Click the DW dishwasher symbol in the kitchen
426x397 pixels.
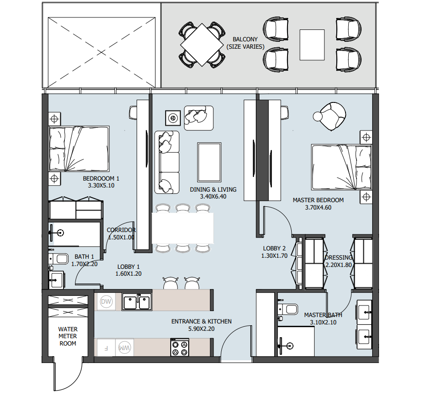coord(106,302)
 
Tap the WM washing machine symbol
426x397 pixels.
coord(123,347)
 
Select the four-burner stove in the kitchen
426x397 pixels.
coord(179,347)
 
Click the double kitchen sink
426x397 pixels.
coord(137,302)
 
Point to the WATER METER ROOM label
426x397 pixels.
coord(68,336)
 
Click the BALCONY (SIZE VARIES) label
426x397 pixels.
coord(245,43)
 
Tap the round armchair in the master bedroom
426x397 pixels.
coord(332,116)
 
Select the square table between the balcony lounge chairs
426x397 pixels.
coord(313,45)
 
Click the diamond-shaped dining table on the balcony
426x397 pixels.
coord(202,44)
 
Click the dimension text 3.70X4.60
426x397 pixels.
coord(318,208)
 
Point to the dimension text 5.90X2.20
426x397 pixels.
coord(201,329)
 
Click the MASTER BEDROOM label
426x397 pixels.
coord(318,200)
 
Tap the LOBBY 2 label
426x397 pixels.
coord(274,249)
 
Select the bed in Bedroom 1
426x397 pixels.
coord(79,149)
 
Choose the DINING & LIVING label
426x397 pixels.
coord(213,189)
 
